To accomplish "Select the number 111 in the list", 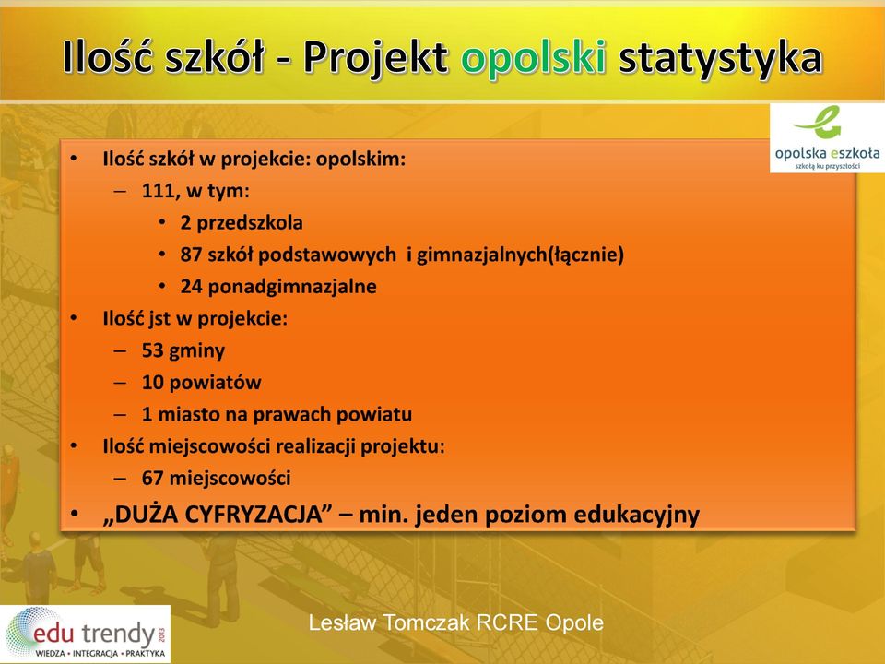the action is coord(158,191).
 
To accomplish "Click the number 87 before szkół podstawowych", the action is coord(191,255).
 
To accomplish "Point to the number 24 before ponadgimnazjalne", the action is coord(191,286).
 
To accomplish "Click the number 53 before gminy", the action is coord(152,350).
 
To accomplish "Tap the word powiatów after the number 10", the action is coord(215,382).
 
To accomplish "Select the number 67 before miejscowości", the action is coord(152,479).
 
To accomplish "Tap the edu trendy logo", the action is coord(85,634).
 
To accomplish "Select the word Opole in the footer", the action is coord(574,623).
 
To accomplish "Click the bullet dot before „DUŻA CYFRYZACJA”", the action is coord(74,515).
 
